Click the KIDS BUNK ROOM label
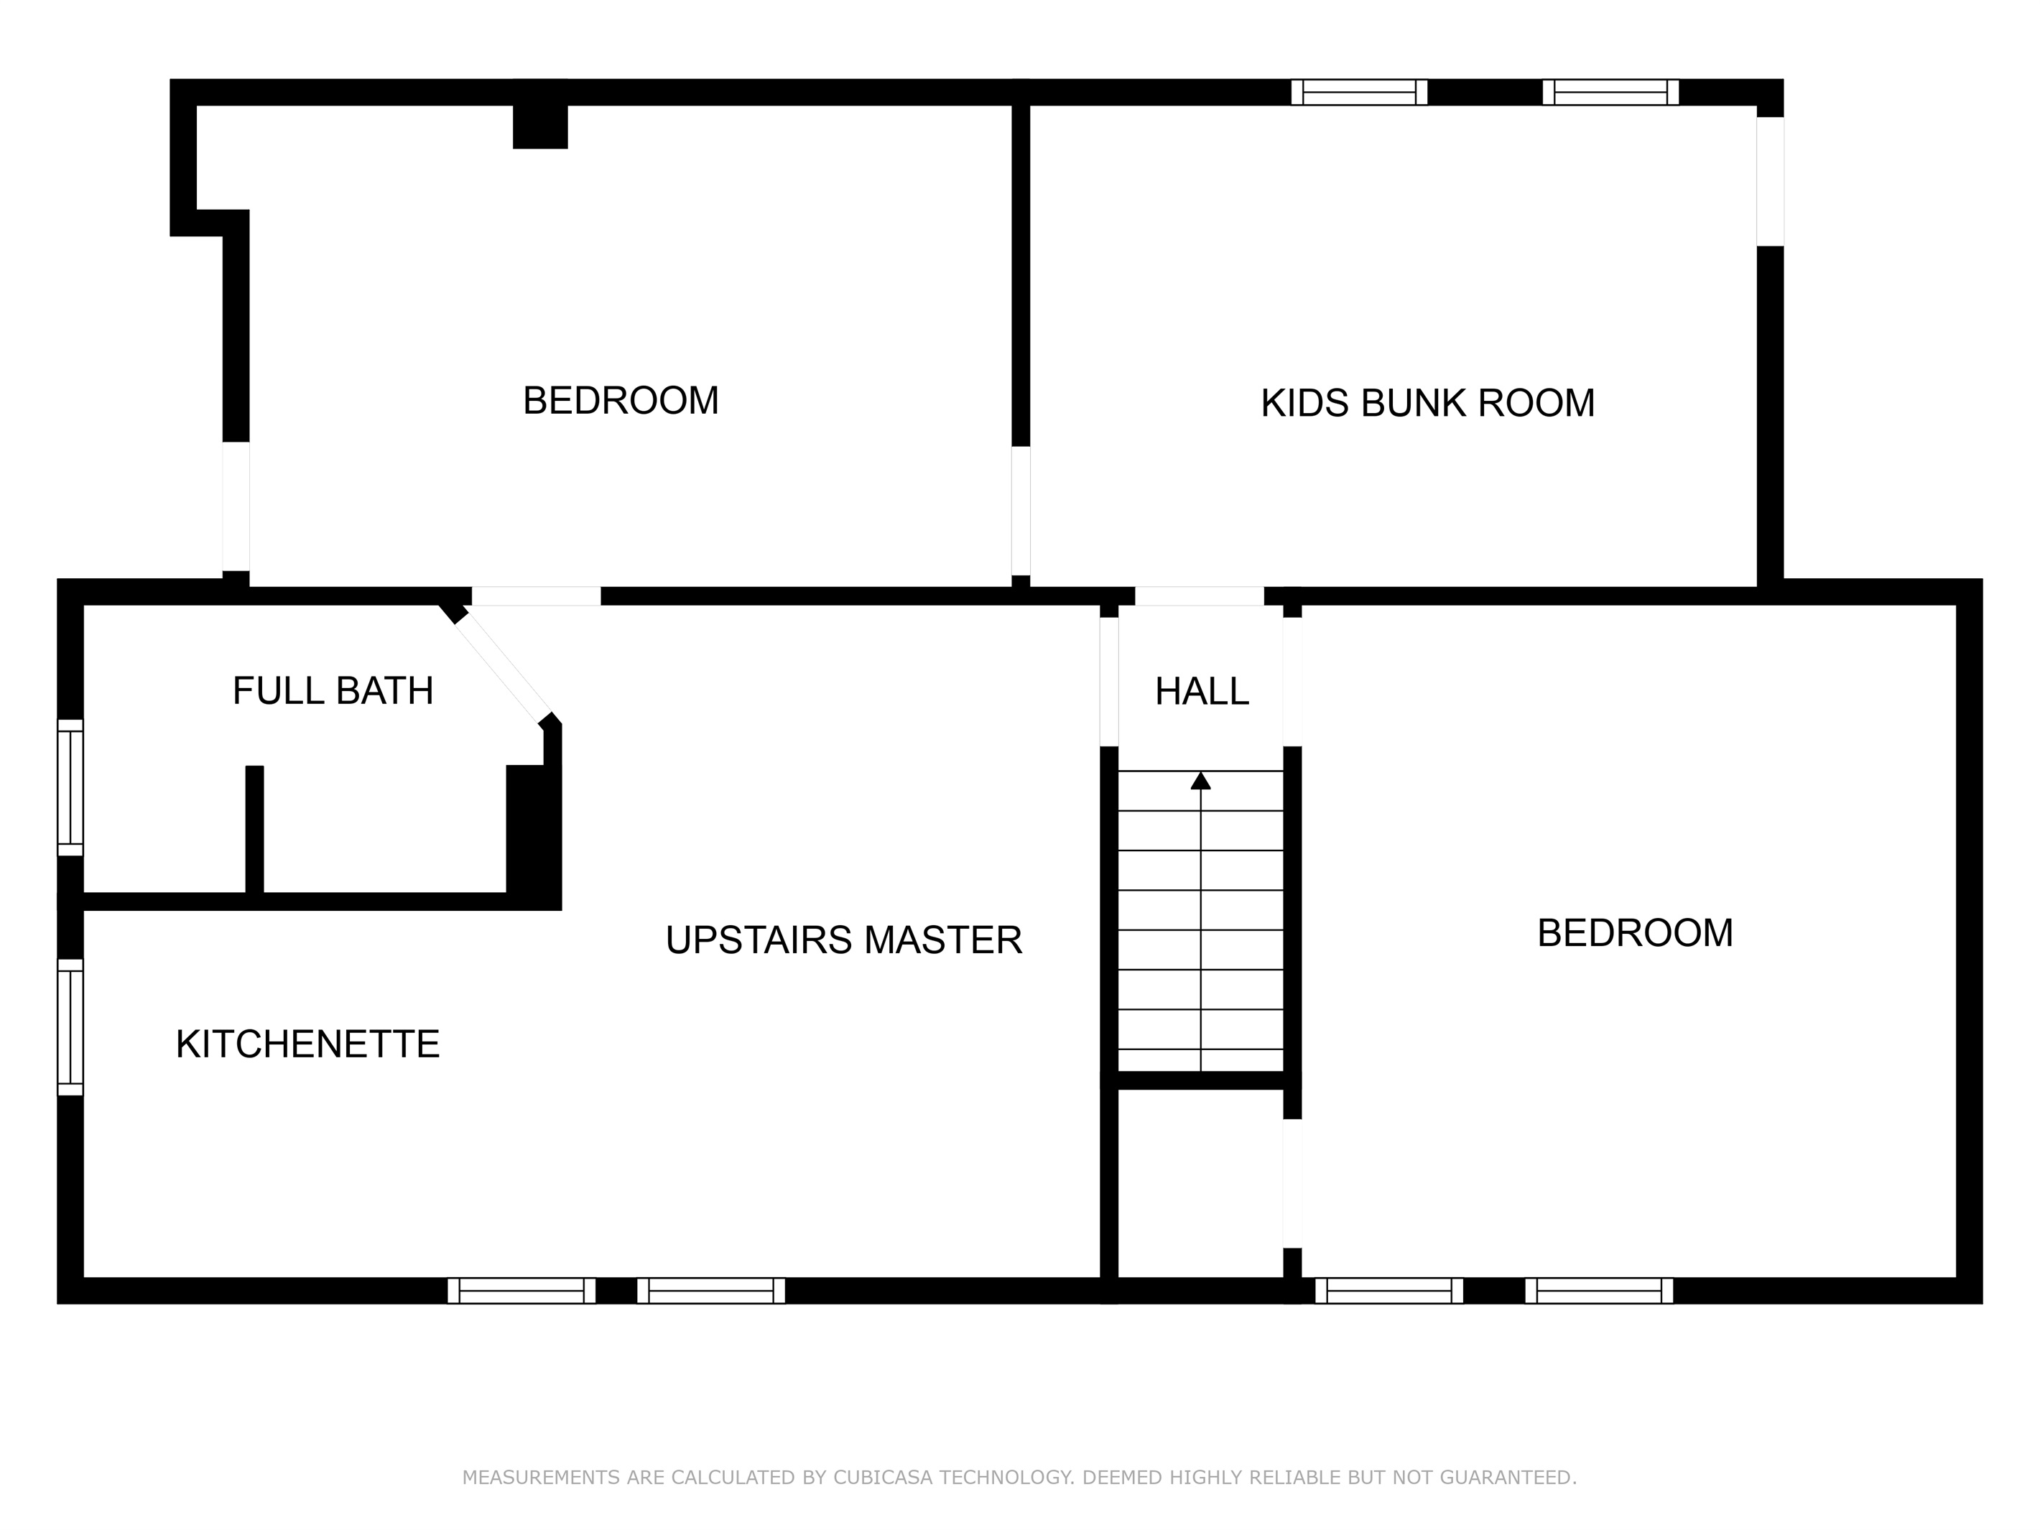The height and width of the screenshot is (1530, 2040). (x=1427, y=403)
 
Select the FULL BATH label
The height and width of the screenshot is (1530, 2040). (x=332, y=691)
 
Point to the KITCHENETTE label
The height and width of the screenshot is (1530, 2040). (x=307, y=1044)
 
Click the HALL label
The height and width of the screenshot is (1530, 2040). (x=1202, y=691)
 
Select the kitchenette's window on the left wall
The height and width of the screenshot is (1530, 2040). (x=70, y=1027)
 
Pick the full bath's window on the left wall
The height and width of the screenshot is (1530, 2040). (x=70, y=787)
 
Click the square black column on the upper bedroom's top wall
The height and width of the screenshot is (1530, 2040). (x=539, y=126)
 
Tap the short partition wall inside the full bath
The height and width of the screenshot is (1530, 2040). (x=254, y=828)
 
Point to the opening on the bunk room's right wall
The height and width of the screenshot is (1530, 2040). (x=1770, y=182)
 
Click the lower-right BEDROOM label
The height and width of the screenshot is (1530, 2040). (x=1634, y=932)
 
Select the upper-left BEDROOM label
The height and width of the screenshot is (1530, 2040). (x=620, y=400)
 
